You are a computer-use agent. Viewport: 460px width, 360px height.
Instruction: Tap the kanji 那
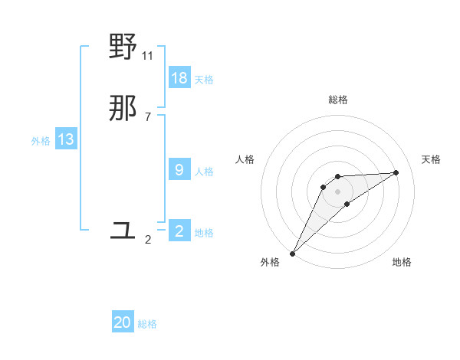coord(123,110)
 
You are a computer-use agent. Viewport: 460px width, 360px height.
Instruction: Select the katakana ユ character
coord(123,230)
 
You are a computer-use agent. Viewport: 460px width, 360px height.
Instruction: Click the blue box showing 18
coord(179,78)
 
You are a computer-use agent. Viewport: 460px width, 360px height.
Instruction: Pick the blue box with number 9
coord(179,170)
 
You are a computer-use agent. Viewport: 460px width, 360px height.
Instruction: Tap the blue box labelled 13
coord(66,139)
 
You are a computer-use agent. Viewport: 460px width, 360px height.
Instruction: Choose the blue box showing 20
coord(123,323)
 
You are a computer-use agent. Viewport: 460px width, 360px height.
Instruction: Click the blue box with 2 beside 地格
coord(179,231)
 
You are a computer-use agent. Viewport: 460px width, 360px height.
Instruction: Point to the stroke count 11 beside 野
coord(148,56)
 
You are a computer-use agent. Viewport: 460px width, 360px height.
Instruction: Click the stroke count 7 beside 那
coord(148,117)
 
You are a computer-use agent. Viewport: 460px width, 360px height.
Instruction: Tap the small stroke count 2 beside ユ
coord(148,240)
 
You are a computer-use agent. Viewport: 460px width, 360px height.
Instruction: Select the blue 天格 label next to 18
coord(204,80)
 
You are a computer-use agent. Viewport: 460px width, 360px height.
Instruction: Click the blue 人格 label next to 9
coord(204,172)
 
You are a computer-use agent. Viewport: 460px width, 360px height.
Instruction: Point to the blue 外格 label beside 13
coord(41,141)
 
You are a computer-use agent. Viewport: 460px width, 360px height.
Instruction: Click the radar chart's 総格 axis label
coord(338,100)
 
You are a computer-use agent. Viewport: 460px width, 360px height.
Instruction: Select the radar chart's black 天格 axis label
coord(431,159)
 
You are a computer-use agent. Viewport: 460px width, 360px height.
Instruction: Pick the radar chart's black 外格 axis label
coord(270,263)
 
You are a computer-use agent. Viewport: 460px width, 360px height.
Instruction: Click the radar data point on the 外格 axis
coord(292,254)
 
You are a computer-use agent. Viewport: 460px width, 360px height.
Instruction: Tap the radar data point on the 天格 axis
coord(396,172)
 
